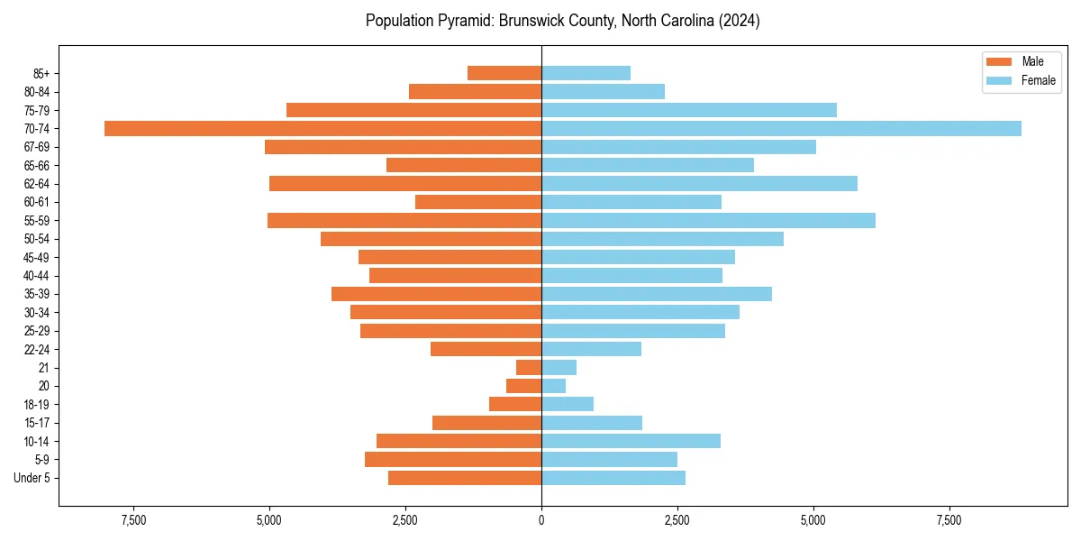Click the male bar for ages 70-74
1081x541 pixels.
[x=322, y=128]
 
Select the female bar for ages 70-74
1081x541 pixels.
[x=781, y=128]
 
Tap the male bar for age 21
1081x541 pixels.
[x=529, y=367]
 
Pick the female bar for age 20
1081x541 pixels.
[x=553, y=386]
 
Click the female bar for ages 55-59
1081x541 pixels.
[x=708, y=220]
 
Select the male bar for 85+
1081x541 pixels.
[x=504, y=73]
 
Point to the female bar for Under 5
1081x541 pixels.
[x=613, y=478]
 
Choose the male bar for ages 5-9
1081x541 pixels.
[x=453, y=459]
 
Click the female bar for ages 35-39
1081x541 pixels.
[x=657, y=294]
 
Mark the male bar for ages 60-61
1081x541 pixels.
[x=478, y=202]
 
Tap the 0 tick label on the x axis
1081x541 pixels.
[x=541, y=521]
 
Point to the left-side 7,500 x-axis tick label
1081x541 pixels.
[x=133, y=521]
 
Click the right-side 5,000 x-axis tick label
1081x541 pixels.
[x=813, y=521]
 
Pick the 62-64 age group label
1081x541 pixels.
[x=37, y=184]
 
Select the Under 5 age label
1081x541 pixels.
[x=32, y=478]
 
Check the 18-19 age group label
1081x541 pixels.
[x=37, y=404]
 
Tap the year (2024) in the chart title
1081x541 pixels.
[x=740, y=21]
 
